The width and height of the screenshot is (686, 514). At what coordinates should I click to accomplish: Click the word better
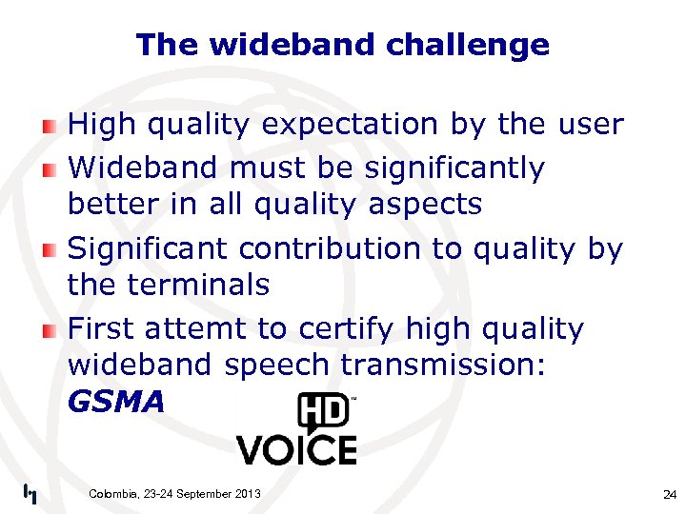tap(111, 205)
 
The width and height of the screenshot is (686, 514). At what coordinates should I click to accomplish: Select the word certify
tap(347, 329)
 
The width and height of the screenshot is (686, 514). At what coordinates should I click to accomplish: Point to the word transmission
tap(442, 366)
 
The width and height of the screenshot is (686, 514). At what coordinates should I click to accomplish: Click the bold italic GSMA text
tap(116, 403)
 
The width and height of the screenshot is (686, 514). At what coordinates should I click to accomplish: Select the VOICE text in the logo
tap(296, 449)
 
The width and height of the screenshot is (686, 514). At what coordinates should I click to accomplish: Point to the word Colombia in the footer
tap(113, 493)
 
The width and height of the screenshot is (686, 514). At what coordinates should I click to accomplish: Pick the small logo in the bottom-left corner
tap(30, 493)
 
